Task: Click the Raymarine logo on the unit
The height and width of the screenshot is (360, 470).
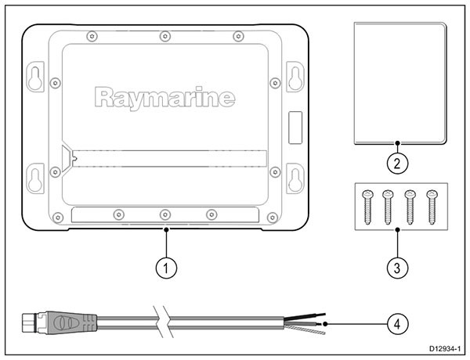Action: click(x=164, y=98)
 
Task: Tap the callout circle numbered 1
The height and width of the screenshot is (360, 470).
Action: click(x=166, y=268)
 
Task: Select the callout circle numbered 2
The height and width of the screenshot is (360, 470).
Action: click(x=397, y=164)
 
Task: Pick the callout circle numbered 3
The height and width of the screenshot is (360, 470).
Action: click(x=397, y=268)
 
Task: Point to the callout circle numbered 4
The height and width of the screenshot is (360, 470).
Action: click(x=397, y=324)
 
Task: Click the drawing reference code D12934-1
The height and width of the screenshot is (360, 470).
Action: click(x=444, y=348)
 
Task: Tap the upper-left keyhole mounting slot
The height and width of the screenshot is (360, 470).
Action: click(x=35, y=77)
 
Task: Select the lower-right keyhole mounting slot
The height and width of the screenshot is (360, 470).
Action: click(x=295, y=178)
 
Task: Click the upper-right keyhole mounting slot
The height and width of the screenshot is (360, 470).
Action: click(x=295, y=77)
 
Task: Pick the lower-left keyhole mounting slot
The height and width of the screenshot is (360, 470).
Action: click(x=35, y=178)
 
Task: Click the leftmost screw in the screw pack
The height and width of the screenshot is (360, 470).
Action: click(x=367, y=207)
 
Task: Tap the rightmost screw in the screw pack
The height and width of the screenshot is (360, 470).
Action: click(x=432, y=207)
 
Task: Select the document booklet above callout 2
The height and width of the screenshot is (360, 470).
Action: click(x=400, y=83)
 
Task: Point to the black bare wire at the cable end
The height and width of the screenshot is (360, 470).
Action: click(x=305, y=316)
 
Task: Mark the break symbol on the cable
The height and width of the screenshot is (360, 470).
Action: click(x=162, y=322)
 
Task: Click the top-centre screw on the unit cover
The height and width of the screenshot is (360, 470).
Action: click(x=165, y=37)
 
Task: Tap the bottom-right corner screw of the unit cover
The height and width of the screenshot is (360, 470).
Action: click(x=272, y=217)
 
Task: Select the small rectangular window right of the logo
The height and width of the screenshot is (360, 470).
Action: click(x=295, y=128)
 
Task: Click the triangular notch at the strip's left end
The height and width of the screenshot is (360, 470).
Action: click(x=67, y=158)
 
